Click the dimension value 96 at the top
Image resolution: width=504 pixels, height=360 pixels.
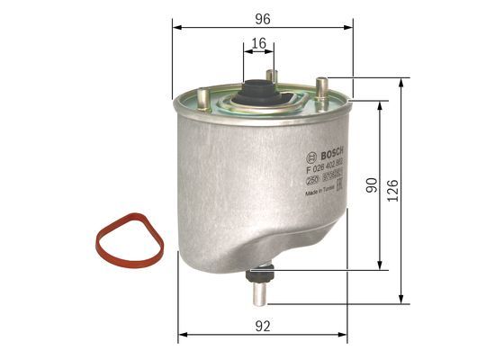point(263,17)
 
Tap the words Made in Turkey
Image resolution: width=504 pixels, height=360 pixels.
point(321,192)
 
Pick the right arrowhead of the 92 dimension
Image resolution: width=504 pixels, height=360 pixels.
point(346,335)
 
